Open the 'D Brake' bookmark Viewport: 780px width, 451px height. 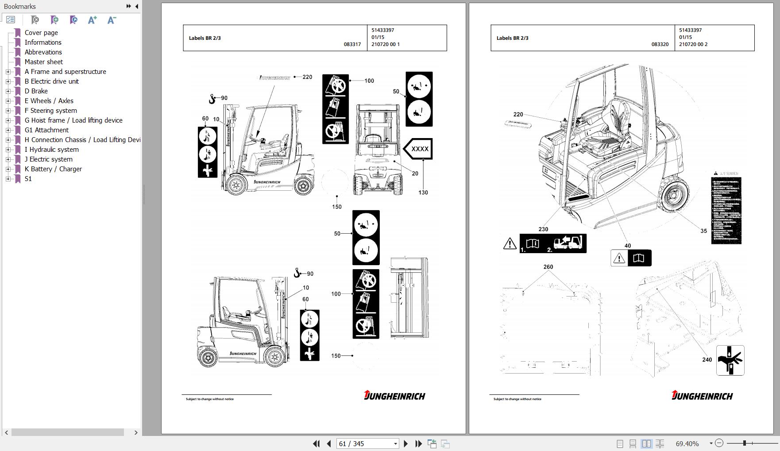coord(36,91)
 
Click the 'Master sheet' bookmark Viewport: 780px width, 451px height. coord(43,62)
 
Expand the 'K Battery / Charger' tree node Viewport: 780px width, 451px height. coord(8,169)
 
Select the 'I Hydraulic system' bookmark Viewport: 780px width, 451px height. coord(51,150)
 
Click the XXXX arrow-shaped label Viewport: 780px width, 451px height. coord(418,149)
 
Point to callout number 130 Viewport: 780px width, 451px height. coord(423,193)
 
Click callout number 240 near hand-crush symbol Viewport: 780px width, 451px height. coord(707,359)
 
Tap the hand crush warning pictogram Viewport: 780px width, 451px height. coord(730,360)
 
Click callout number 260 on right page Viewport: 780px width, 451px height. coord(548,267)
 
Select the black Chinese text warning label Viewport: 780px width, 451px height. coord(726,211)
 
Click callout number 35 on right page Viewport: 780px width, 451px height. coord(703,231)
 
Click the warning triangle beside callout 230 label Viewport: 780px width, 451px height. coord(510,244)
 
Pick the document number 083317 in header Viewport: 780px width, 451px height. coord(352,44)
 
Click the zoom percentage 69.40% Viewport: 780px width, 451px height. coord(687,443)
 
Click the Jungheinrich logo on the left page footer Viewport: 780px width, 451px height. coord(394,395)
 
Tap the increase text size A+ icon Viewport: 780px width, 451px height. coord(92,20)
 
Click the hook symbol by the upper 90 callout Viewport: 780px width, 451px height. coord(212,99)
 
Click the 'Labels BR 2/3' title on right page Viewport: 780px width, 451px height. coord(512,38)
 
